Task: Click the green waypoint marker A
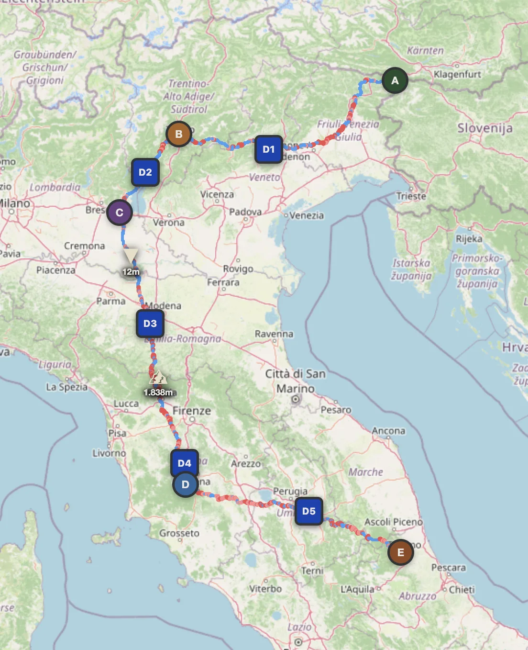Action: click(395, 80)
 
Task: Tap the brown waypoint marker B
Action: click(178, 134)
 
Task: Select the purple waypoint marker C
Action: click(119, 213)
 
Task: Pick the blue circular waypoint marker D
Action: click(185, 484)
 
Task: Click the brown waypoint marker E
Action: click(400, 552)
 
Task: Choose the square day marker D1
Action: click(268, 149)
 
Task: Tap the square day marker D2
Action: click(145, 172)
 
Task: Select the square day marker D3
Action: click(150, 324)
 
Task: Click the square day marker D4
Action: click(184, 463)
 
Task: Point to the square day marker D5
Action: click(308, 511)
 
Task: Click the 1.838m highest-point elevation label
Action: click(158, 392)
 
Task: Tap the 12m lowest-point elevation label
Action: click(131, 272)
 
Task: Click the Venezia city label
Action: click(306, 215)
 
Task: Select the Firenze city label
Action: click(191, 411)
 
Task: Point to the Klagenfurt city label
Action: click(457, 74)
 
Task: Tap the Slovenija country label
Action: click(484, 128)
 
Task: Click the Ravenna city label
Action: click(274, 334)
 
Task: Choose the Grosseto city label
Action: click(179, 533)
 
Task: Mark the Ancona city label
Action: click(388, 431)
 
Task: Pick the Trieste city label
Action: click(410, 196)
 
